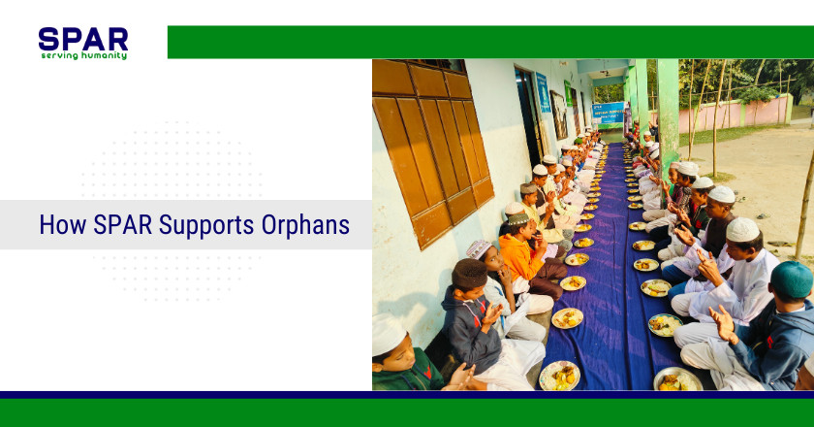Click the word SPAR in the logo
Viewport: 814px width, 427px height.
pyautogui.click(x=82, y=40)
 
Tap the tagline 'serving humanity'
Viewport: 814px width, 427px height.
pyautogui.click(x=83, y=56)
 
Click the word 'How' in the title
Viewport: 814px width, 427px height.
pyautogui.click(x=57, y=225)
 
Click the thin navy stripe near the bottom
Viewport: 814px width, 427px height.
pyautogui.click(x=407, y=395)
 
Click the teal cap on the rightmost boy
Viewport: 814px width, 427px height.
pyautogui.click(x=794, y=279)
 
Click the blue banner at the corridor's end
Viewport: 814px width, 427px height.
pyautogui.click(x=609, y=113)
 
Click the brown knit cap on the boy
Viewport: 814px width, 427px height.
pyautogui.click(x=471, y=274)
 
